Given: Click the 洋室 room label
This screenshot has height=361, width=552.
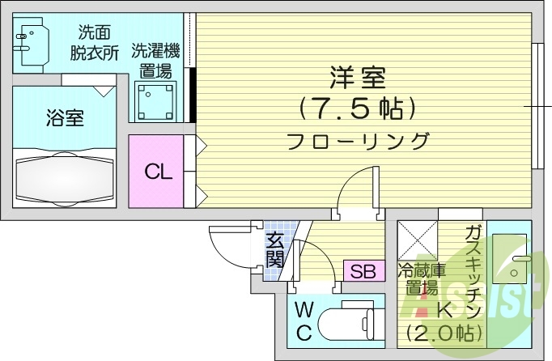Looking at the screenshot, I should pos(357,79).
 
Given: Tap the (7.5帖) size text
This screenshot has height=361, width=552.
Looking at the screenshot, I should pos(357,108).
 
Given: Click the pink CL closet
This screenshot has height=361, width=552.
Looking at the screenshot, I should pos(157,171).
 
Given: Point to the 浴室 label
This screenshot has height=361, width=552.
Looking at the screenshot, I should pos(64,118).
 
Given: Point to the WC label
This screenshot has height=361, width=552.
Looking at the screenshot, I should pos(304,321).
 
